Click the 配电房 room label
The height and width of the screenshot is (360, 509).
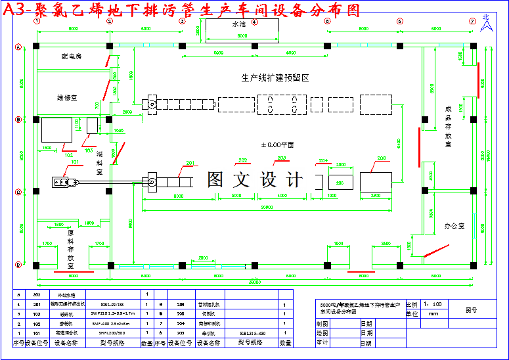pos(71,56)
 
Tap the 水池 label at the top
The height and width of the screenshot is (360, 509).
pos(238,24)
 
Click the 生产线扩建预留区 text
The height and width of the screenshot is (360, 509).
pos(275,78)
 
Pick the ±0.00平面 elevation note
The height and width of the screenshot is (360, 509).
pos(277,144)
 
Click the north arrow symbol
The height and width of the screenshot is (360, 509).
pos(486,24)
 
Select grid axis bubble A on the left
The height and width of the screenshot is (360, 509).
pos(19,46)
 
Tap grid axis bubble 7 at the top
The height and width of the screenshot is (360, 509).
pos(472,21)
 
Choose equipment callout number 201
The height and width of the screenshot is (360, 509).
pos(191,163)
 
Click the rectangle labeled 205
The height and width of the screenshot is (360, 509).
pos(341,182)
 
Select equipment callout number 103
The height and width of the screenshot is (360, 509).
pos(89,149)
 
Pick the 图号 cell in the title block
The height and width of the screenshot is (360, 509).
pos(471,309)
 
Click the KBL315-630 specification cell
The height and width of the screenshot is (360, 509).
pos(253,333)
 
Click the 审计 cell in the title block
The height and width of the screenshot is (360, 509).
pos(322,342)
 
